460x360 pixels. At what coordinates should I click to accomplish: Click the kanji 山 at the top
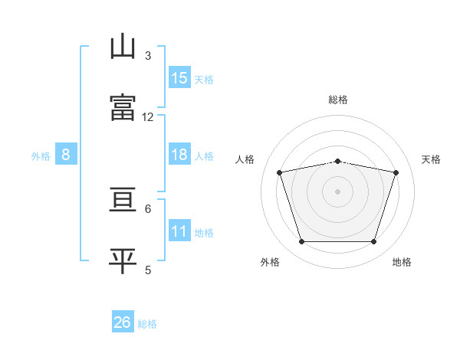[123, 47]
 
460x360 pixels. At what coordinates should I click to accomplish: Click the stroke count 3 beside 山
[148, 55]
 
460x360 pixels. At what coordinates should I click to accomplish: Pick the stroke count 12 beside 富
[148, 116]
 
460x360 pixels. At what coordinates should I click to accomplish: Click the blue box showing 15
[179, 78]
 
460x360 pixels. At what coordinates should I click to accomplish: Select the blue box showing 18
[179, 155]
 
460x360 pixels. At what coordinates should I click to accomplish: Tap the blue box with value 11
[179, 231]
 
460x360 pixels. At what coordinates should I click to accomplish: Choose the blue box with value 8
[66, 155]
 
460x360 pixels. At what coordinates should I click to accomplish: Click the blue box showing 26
[123, 322]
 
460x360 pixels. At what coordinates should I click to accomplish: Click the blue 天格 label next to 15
[204, 79]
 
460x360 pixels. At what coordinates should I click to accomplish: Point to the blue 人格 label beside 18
[204, 155]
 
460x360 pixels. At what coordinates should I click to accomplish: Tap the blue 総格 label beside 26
[147, 323]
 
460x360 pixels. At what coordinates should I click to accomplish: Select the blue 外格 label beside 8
[41, 155]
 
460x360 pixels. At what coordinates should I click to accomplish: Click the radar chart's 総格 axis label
[338, 100]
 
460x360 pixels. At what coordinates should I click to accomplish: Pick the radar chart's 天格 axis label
[432, 159]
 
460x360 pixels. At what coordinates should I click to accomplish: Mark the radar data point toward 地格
[373, 242]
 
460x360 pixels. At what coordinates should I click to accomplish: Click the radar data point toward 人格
[280, 172]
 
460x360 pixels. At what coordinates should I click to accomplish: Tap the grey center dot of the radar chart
[338, 191]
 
